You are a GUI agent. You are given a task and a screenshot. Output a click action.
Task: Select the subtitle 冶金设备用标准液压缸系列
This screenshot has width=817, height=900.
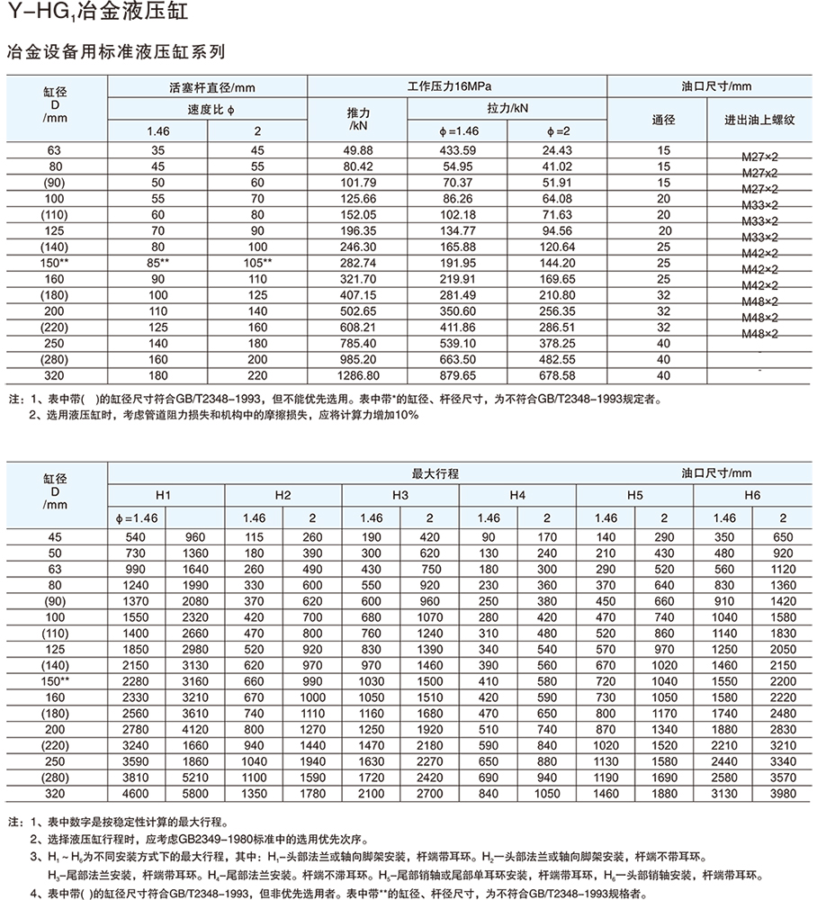115,52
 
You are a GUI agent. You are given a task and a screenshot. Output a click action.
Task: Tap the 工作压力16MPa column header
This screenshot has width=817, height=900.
457,86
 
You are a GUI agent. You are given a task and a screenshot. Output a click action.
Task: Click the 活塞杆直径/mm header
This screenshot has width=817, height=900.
208,86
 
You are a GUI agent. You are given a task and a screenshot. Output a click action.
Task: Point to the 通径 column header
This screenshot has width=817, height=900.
663,120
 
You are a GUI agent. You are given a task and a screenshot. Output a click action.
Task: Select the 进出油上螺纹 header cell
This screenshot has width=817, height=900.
760,120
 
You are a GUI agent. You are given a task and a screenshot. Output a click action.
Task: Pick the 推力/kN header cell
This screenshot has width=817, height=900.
358,120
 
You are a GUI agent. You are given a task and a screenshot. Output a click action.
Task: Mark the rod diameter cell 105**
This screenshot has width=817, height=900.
257,261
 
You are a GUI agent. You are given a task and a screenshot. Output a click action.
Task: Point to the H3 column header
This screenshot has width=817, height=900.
400,495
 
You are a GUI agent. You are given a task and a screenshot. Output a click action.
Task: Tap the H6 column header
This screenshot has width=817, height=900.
752,495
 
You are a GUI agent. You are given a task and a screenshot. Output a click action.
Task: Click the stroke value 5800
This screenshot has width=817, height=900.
195,793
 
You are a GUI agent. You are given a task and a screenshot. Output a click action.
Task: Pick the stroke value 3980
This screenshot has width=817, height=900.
782,793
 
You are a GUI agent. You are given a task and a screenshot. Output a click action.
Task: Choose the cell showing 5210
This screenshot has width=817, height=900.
195,777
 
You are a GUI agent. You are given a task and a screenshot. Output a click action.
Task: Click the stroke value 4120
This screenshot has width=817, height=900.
195,728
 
